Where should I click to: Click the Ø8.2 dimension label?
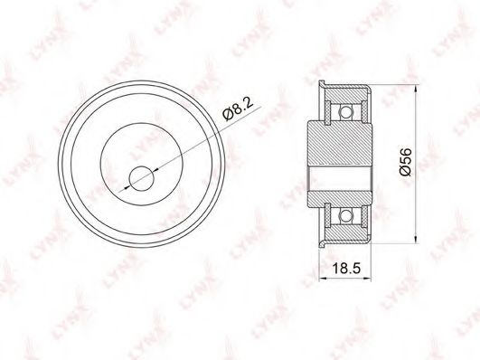[x=239, y=109]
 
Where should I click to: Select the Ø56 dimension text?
[x=406, y=162]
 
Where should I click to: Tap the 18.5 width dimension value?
[x=346, y=269]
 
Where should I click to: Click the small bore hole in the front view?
[x=141, y=178]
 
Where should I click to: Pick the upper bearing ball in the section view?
[x=346, y=112]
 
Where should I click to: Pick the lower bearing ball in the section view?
[x=346, y=215]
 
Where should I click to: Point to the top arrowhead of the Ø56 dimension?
[x=416, y=90]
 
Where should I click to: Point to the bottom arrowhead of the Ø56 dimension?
[x=416, y=239]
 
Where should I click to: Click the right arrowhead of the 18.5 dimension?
[x=367, y=279]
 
